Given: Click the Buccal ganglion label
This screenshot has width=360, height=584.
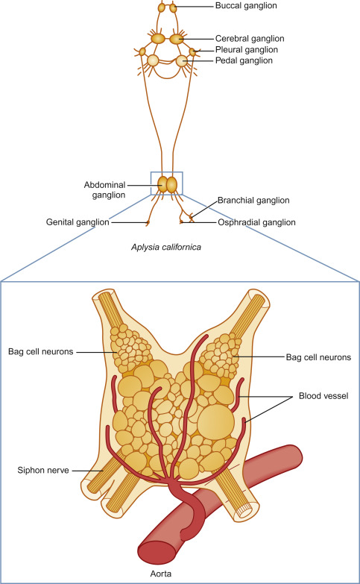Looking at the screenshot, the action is (x=246, y=6).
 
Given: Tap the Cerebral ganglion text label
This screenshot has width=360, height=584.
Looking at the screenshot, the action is (x=250, y=39).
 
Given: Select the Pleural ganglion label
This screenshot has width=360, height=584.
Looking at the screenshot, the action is (x=247, y=49).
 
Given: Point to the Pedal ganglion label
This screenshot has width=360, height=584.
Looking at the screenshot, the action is (x=244, y=60).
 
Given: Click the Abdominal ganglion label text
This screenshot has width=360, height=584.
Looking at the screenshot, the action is (x=104, y=190).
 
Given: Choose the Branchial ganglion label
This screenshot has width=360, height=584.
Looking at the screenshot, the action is (x=253, y=201).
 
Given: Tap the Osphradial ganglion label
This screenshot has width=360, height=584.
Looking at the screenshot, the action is (x=256, y=222).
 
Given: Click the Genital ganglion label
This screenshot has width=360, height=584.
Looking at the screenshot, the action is (x=78, y=222).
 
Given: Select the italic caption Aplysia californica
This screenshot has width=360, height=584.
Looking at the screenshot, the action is (x=166, y=247).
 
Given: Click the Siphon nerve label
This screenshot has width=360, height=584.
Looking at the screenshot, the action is (x=43, y=471).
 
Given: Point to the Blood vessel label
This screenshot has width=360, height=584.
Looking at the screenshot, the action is (x=323, y=395).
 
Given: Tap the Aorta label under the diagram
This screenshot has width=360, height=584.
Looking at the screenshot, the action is (x=161, y=574).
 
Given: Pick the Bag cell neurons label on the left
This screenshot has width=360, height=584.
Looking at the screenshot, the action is (x=40, y=351).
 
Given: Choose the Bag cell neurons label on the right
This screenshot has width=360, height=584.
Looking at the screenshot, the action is (x=318, y=357).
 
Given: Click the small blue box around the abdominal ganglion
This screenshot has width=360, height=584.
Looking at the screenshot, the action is (x=166, y=172).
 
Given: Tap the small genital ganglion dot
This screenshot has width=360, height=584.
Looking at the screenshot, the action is (x=148, y=223).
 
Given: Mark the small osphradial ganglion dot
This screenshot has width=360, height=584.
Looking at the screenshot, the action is (x=181, y=222).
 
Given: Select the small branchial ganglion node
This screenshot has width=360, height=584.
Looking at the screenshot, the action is (x=192, y=216).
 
